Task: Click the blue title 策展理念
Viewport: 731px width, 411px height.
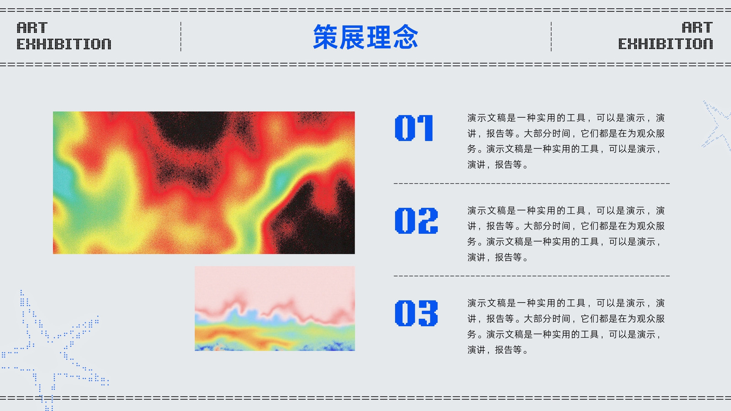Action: (x=365, y=37)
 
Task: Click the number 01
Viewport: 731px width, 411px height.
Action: (x=414, y=128)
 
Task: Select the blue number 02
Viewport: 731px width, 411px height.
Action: (x=416, y=221)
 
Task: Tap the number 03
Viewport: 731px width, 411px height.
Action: (x=416, y=313)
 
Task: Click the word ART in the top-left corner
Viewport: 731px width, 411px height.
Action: (x=32, y=28)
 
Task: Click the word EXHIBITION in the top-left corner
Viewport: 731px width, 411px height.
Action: (x=64, y=44)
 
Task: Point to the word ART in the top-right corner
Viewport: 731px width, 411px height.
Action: (x=697, y=28)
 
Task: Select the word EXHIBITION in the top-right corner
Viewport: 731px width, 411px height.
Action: (x=666, y=44)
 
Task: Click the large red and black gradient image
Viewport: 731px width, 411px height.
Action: (x=204, y=183)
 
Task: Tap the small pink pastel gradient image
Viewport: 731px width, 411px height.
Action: (x=275, y=309)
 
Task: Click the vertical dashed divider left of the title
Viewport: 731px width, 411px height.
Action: (x=181, y=37)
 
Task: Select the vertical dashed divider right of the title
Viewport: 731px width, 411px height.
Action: (x=551, y=37)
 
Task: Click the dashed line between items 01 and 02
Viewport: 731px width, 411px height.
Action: (x=532, y=184)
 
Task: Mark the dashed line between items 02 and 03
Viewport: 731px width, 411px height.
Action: (x=532, y=276)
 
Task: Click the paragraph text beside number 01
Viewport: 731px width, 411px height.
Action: (x=566, y=141)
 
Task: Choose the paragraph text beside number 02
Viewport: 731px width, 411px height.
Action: (x=566, y=234)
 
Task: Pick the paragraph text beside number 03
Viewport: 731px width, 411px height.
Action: (x=566, y=327)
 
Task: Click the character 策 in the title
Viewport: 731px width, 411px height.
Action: (x=325, y=37)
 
